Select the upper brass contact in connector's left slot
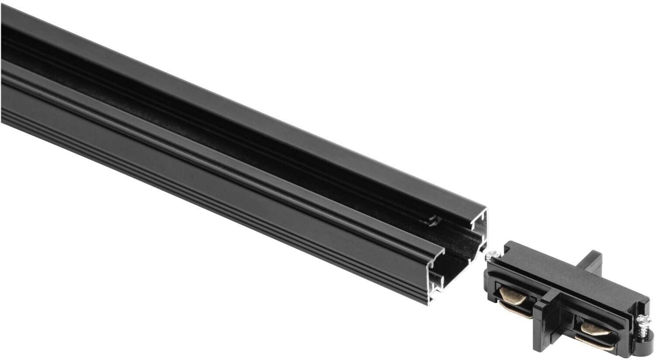515,292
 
